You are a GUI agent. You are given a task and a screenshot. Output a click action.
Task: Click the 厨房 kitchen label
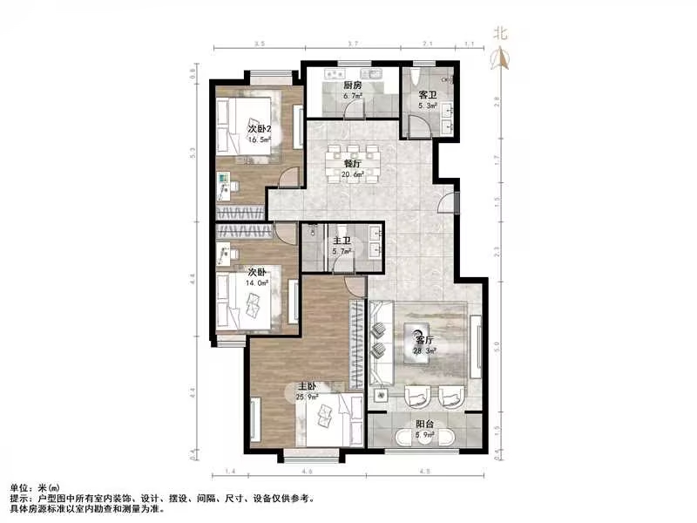coord(352,86)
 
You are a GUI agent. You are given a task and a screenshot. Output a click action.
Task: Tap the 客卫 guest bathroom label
coord(427,94)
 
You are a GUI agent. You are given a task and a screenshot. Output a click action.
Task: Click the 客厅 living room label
coord(424,340)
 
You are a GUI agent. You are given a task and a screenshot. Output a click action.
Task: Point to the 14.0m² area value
coord(254,283)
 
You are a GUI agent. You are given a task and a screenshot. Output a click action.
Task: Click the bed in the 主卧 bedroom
coord(326,419)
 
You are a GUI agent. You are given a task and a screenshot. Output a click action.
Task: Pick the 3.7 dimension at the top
coord(352,43)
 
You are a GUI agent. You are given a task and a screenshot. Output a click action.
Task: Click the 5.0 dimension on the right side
coord(497,347)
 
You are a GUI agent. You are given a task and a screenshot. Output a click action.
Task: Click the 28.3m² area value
coord(424,350)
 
